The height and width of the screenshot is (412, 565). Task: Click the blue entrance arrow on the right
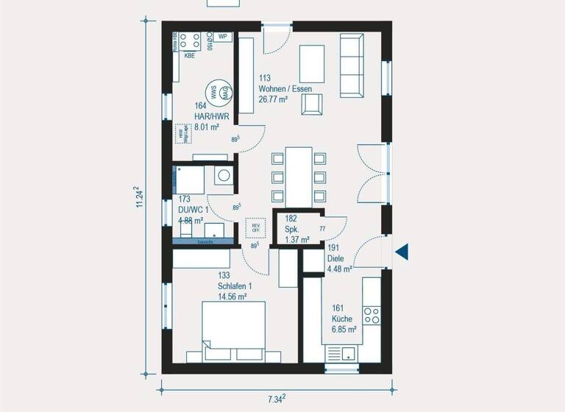402,252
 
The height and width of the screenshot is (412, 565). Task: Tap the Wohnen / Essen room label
285,89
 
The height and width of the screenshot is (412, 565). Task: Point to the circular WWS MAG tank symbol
220,92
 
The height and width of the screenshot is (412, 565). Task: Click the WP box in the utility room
222,35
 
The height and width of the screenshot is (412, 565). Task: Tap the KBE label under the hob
190,55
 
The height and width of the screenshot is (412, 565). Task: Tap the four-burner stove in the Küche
372,316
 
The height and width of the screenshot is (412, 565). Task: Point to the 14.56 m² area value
232,296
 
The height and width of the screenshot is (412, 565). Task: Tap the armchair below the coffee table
312,105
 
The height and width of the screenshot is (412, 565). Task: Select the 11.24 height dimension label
139,198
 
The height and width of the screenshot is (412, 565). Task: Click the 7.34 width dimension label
275,399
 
